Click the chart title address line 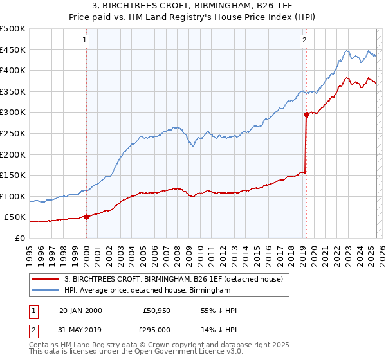[193, 6]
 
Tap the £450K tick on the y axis [13, 50]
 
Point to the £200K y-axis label [13, 154]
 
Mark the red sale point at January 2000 [86, 217]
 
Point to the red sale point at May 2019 [306, 115]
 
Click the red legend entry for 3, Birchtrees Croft [178, 279]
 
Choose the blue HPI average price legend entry [147, 291]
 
